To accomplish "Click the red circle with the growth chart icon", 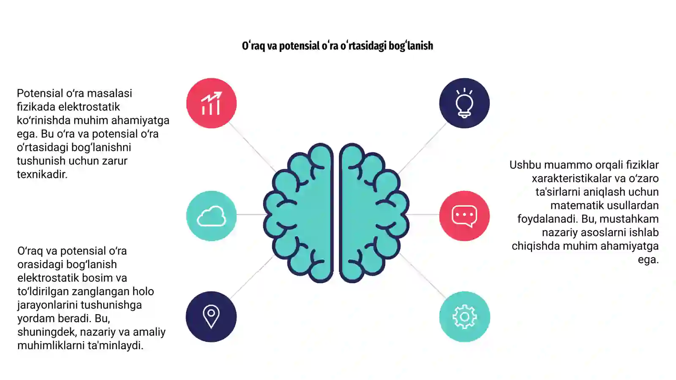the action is pyautogui.click(x=211, y=103).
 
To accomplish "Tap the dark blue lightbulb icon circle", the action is pyautogui.click(x=464, y=103).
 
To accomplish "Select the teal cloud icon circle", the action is pyautogui.click(x=211, y=216).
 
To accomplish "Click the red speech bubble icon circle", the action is pyautogui.click(x=464, y=216).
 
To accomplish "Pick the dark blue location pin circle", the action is pyautogui.click(x=211, y=317).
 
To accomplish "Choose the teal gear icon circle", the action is pyautogui.click(x=464, y=317).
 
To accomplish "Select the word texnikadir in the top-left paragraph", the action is pyautogui.click(x=42, y=174).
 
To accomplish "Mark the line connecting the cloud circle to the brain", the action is pyautogui.click(x=251, y=214).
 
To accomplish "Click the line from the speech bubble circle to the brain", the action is pyautogui.click(x=423, y=215).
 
